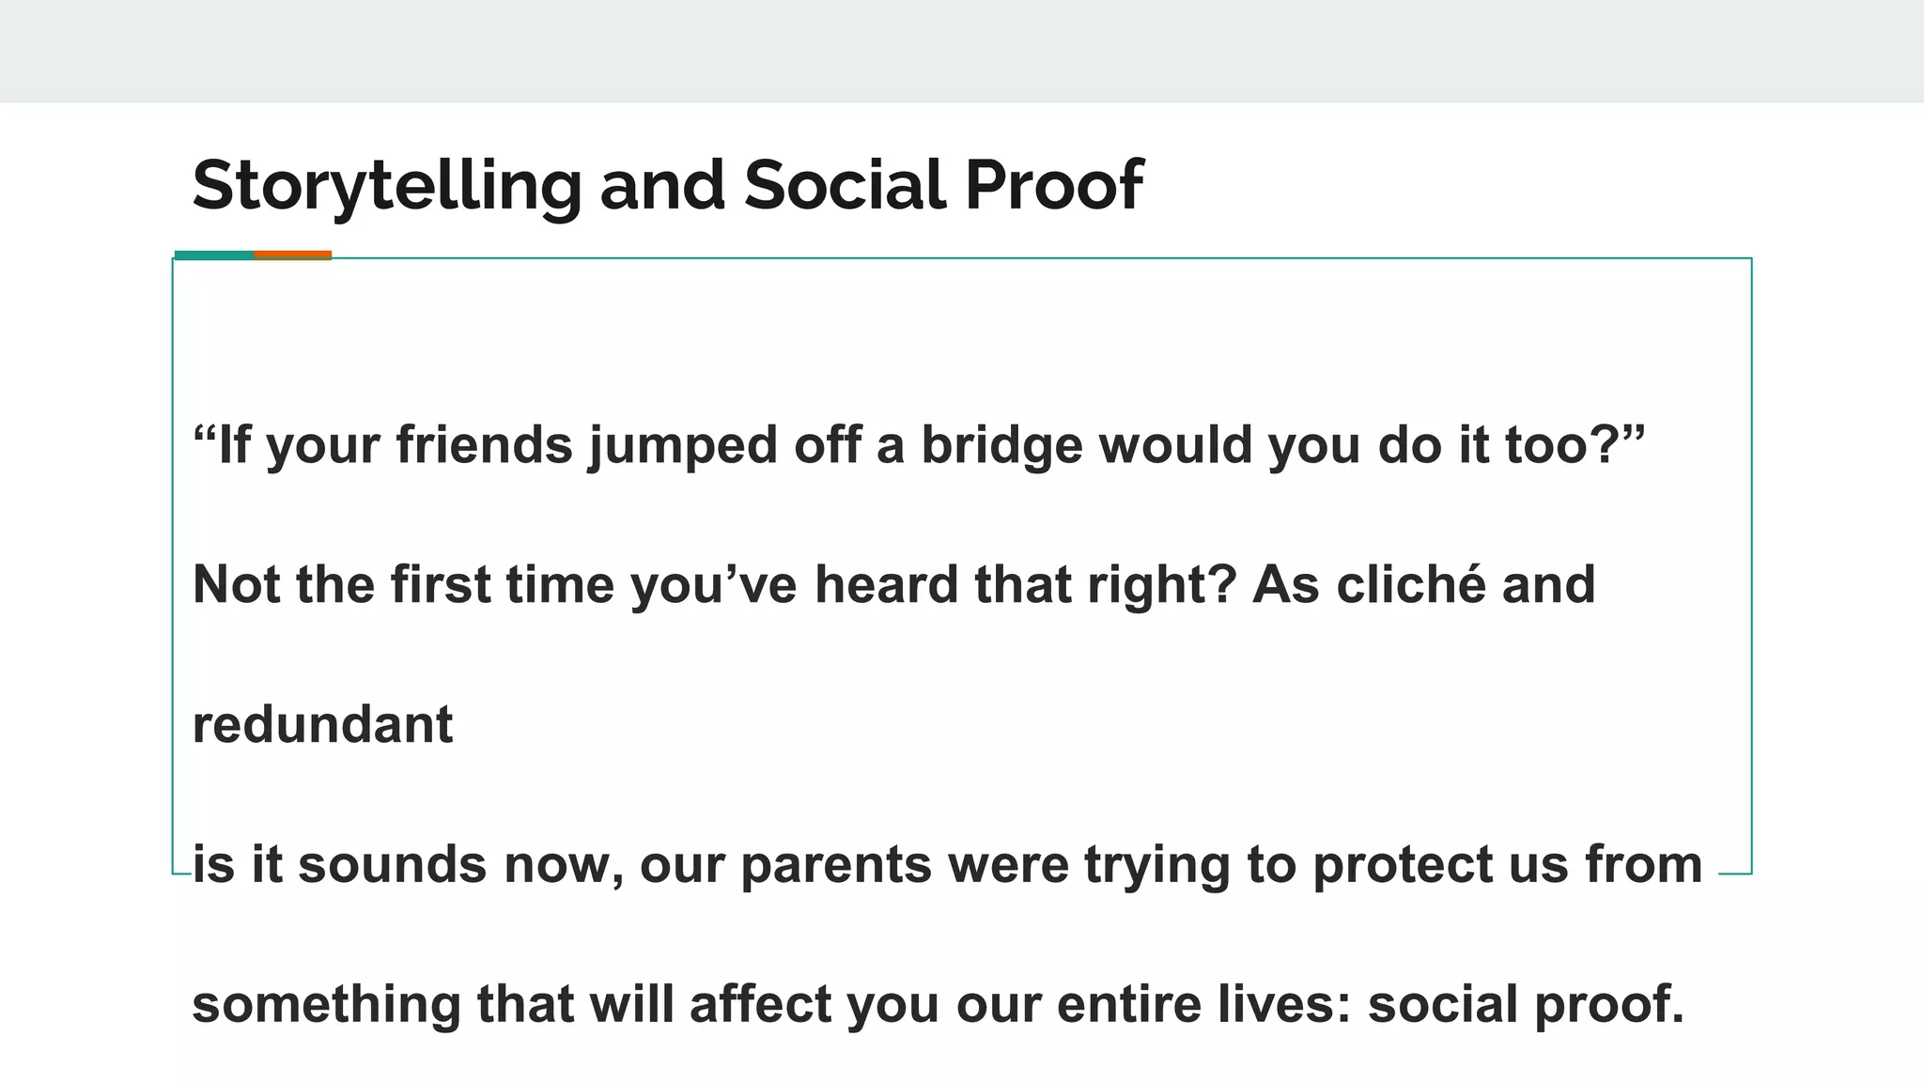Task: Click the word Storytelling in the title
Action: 386,185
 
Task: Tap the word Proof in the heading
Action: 1053,185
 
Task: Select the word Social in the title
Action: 845,185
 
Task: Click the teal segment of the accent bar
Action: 214,255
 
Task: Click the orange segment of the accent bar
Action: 292,255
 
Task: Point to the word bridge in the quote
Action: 1001,445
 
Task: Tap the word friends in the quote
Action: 484,445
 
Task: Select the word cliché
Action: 1411,585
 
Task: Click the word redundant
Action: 322,725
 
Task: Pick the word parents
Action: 836,865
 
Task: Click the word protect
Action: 1402,865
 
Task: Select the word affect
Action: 761,1004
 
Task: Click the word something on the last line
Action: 326,1004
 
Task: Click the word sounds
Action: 393,865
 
